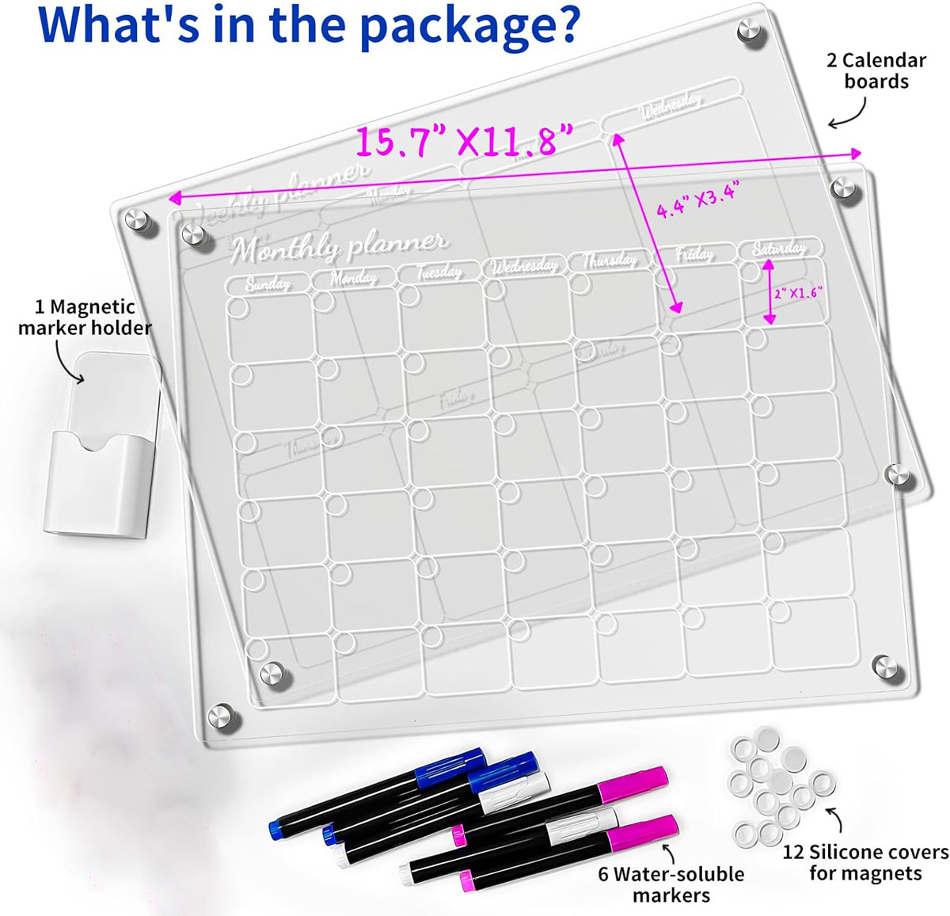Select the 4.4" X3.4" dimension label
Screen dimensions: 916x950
pyautogui.click(x=697, y=200)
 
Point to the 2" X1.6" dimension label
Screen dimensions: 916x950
pyautogui.click(x=798, y=293)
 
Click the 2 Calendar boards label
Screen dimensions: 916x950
pyautogui.click(x=876, y=70)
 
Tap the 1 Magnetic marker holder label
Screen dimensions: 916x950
pyautogui.click(x=85, y=317)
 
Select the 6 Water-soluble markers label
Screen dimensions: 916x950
pyautogui.click(x=671, y=884)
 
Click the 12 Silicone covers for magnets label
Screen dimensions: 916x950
pyautogui.click(x=864, y=862)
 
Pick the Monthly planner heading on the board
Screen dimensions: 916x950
pyautogui.click(x=339, y=246)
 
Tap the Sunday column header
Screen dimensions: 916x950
pyautogui.click(x=267, y=283)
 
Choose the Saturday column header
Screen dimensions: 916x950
pyautogui.click(x=780, y=249)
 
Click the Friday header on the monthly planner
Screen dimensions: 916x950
pyautogui.click(x=693, y=254)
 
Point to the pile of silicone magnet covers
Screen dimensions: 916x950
pyautogui.click(x=780, y=784)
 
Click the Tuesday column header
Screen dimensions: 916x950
pyautogui.click(x=439, y=272)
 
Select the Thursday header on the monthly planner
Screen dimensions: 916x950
pyautogui.click(x=610, y=260)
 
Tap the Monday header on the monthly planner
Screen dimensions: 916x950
pyautogui.click(x=353, y=278)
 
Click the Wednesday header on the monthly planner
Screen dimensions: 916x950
pyautogui.click(x=524, y=266)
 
